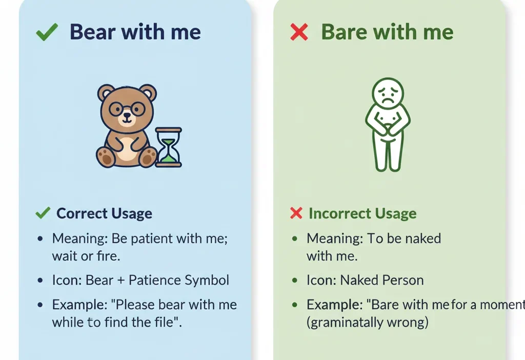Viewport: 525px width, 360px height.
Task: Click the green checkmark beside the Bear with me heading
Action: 47,33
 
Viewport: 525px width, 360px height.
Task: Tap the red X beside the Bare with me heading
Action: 299,33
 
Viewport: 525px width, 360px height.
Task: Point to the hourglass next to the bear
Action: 169,147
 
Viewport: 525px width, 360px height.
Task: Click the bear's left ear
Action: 107,93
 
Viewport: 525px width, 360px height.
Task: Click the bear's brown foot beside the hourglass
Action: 148,157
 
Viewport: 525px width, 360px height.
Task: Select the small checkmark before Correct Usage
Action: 43,213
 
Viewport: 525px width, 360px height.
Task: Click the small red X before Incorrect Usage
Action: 296,213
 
